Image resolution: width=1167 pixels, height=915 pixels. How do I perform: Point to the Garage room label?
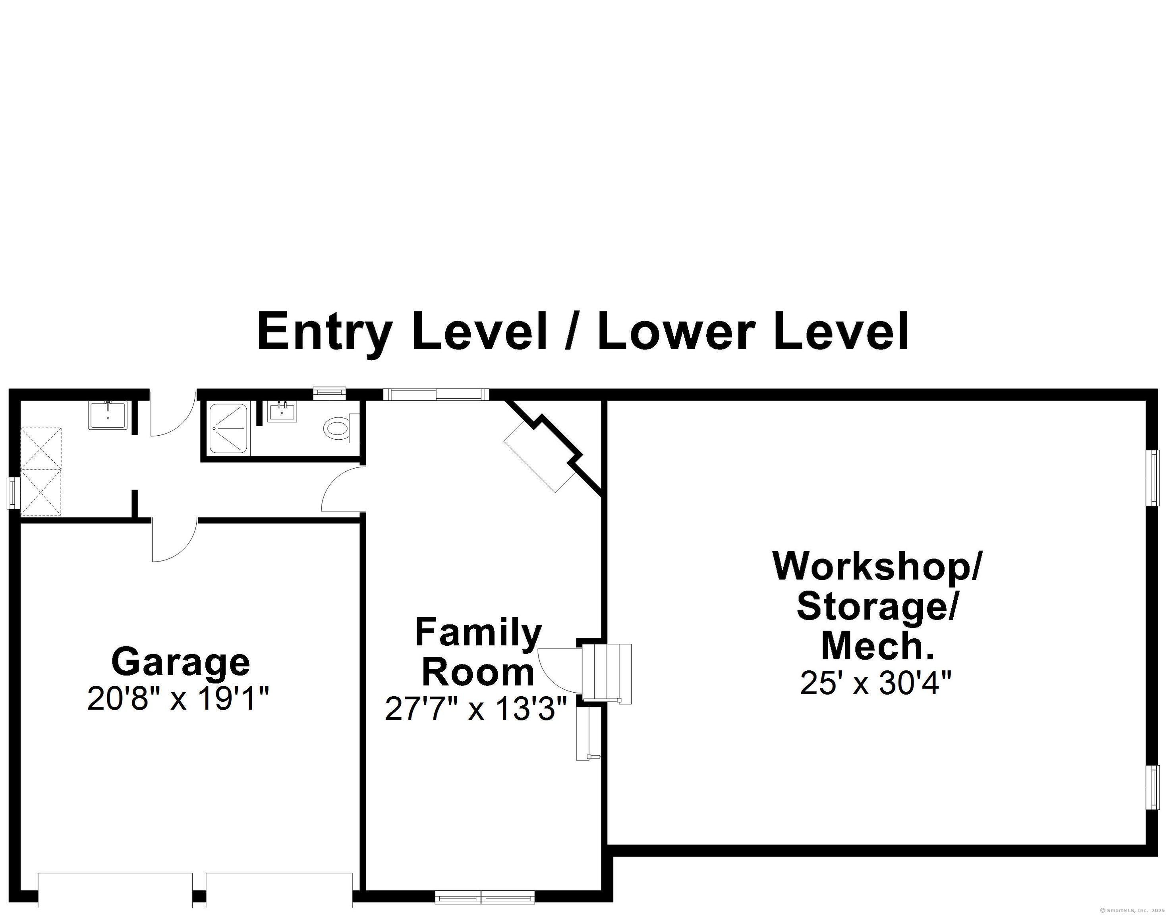(181, 662)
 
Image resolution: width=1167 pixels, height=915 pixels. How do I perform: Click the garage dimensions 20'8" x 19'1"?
(178, 699)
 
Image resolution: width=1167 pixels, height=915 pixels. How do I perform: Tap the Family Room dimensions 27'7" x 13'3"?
(476, 709)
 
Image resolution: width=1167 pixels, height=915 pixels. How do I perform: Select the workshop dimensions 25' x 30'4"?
(875, 683)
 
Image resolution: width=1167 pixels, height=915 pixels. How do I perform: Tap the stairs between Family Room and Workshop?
(607, 674)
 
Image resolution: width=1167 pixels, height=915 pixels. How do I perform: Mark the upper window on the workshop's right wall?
(1152, 477)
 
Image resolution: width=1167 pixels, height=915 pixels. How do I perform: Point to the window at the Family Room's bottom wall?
(484, 896)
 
